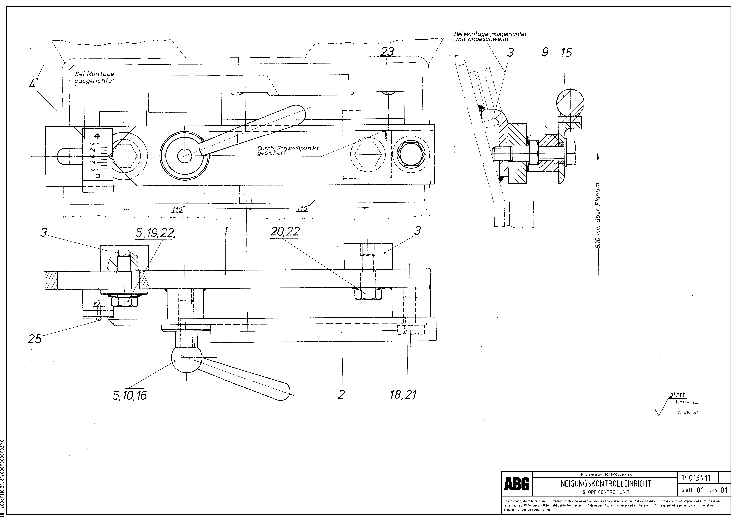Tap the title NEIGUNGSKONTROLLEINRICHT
pyautogui.click(x=606, y=483)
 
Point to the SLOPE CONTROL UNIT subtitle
pyautogui.click(x=606, y=492)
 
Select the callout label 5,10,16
pyautogui.click(x=129, y=395)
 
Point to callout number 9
pyautogui.click(x=545, y=52)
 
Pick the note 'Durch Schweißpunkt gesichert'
pyautogui.click(x=288, y=150)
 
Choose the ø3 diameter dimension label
pyautogui.click(x=97, y=302)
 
